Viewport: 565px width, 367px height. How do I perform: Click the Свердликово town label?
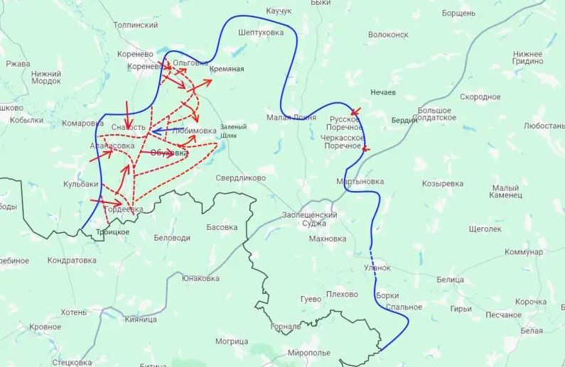[x=241, y=177]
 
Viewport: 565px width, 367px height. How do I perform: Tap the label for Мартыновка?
[x=360, y=182]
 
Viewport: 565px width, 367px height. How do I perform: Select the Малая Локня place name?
[x=287, y=117]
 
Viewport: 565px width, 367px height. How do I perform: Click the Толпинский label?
[x=136, y=25]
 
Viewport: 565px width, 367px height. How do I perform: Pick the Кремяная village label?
[x=227, y=69]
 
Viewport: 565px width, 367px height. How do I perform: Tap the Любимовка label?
[x=194, y=131]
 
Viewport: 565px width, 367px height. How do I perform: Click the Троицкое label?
[x=112, y=232]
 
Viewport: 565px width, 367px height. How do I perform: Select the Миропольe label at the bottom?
[x=309, y=353]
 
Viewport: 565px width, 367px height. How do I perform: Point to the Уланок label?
[x=377, y=268]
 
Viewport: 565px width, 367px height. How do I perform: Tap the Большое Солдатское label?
[x=436, y=114]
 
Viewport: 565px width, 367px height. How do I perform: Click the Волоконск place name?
[x=389, y=34]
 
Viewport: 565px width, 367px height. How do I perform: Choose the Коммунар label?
[x=524, y=252]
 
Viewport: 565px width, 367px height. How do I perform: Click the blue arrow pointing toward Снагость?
[x=161, y=131]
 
